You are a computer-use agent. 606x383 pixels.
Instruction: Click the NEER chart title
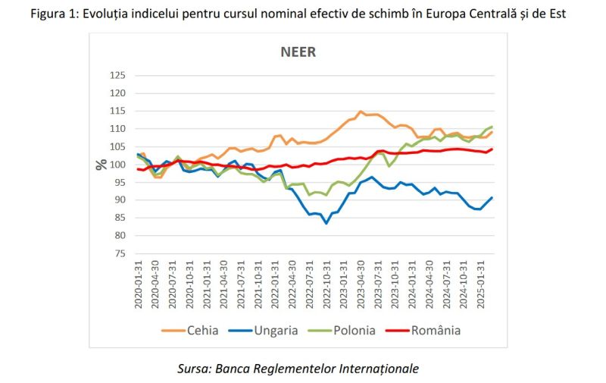pyautogui.click(x=298, y=52)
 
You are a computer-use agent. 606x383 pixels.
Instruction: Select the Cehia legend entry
pyautogui.click(x=192, y=330)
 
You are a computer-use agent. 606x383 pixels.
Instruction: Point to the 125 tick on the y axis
pyautogui.click(x=117, y=76)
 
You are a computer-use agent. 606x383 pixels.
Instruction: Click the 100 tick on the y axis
pyautogui.click(x=117, y=165)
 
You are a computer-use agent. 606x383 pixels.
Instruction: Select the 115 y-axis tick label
pyautogui.click(x=117, y=111)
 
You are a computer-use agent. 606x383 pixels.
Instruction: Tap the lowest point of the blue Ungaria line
pyautogui.click(x=326, y=223)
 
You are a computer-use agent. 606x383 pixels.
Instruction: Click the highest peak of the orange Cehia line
pyautogui.click(x=361, y=111)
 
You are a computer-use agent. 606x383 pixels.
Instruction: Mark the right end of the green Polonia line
pyautogui.click(x=492, y=127)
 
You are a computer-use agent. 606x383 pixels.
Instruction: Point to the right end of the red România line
pyautogui.click(x=492, y=149)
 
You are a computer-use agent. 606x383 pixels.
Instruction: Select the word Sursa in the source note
pyautogui.click(x=193, y=368)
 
